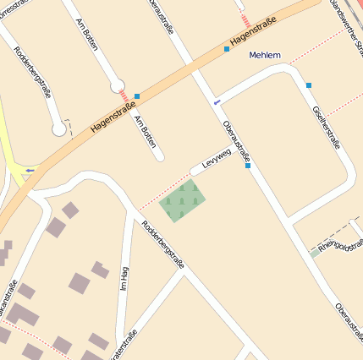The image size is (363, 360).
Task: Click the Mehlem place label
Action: point(265,56)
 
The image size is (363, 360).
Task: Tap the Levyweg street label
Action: point(217,159)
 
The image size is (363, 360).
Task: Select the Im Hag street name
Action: point(124,279)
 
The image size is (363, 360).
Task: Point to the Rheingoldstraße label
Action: point(342,243)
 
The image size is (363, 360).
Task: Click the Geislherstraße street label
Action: point(326,128)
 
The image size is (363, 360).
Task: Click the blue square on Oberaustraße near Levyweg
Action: point(248,166)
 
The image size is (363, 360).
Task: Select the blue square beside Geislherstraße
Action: point(310,85)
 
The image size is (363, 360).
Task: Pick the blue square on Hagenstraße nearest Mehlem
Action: point(227,49)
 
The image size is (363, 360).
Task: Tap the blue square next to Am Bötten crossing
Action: point(137,96)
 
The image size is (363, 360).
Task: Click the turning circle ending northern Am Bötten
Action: point(118,85)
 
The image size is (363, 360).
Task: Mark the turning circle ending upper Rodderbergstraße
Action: point(58,129)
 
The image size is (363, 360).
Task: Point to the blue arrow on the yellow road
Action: point(31,170)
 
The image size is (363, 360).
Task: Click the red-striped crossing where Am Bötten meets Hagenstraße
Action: point(124,97)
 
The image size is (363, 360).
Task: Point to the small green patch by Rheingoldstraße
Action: point(315,253)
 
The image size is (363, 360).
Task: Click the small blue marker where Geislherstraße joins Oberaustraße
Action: point(217,102)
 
